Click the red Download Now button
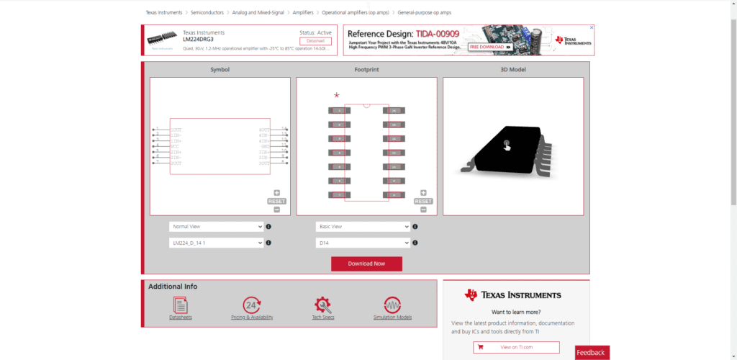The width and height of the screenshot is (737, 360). click(366, 264)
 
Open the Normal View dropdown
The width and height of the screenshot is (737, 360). click(216, 226)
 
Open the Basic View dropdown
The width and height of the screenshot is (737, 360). click(363, 226)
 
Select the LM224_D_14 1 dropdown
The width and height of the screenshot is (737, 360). click(216, 243)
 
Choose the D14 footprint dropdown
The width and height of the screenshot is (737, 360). click(363, 243)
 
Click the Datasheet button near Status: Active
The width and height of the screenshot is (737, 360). click(315, 41)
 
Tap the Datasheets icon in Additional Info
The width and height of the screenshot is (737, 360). click(180, 305)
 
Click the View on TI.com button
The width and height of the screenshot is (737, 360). click(516, 348)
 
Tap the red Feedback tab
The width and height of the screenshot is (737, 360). click(592, 352)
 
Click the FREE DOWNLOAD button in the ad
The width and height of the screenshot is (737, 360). click(490, 47)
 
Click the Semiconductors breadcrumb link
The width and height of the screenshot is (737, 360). click(207, 13)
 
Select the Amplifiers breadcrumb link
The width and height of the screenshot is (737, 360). click(303, 13)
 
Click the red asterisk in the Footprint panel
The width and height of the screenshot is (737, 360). click(336, 96)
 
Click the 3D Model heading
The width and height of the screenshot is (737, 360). click(513, 70)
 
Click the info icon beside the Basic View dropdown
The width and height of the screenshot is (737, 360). click(415, 226)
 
